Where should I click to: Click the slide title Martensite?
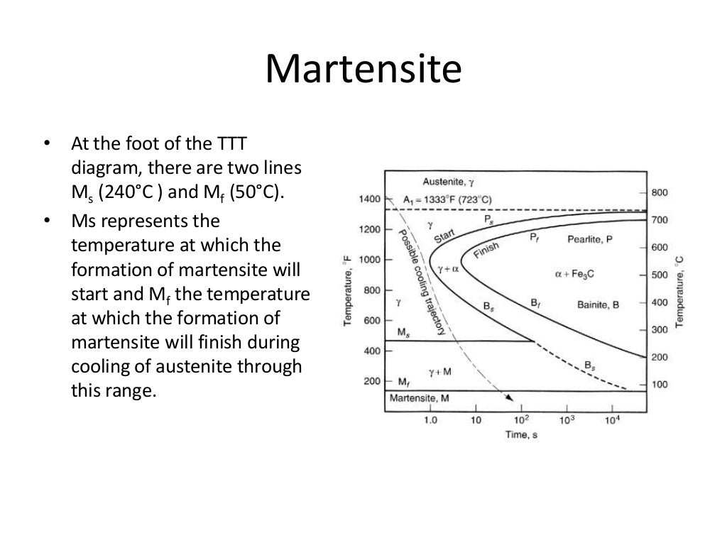pyautogui.click(x=363, y=71)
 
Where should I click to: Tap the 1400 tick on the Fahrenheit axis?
pyautogui.click(x=369, y=199)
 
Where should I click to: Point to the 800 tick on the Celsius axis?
pyautogui.click(x=659, y=193)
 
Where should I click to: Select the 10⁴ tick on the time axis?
pyautogui.click(x=612, y=420)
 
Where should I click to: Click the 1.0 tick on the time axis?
pyautogui.click(x=430, y=420)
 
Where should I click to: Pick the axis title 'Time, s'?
pyautogui.click(x=522, y=434)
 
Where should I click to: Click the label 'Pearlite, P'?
pyautogui.click(x=589, y=240)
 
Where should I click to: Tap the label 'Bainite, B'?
pyautogui.click(x=598, y=304)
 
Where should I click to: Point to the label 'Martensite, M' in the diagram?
pyautogui.click(x=419, y=399)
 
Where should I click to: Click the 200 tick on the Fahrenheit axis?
pyautogui.click(x=372, y=381)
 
